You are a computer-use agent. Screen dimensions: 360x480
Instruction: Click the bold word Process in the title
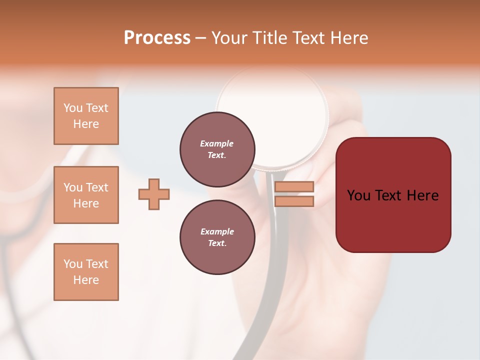tap(157, 37)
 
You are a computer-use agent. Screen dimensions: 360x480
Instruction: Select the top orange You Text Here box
tap(86, 116)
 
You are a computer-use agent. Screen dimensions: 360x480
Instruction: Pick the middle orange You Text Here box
tap(86, 195)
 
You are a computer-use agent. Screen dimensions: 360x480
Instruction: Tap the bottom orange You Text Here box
tap(86, 272)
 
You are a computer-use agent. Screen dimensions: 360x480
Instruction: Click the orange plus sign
tap(154, 194)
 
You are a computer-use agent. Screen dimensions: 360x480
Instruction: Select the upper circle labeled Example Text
tap(217, 149)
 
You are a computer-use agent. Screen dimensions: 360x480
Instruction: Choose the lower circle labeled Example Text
tap(217, 237)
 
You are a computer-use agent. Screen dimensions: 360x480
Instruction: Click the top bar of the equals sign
tap(294, 186)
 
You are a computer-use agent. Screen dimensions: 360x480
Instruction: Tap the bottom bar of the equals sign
tap(294, 201)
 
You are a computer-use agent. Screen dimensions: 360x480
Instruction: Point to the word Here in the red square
tap(422, 195)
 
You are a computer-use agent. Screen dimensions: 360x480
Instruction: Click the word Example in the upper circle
tap(217, 143)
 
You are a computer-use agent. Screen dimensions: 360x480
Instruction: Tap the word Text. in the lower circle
tap(217, 243)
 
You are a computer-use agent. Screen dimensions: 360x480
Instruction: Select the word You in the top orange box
tap(73, 108)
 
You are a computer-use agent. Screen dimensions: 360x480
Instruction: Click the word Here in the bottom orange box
tap(86, 280)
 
